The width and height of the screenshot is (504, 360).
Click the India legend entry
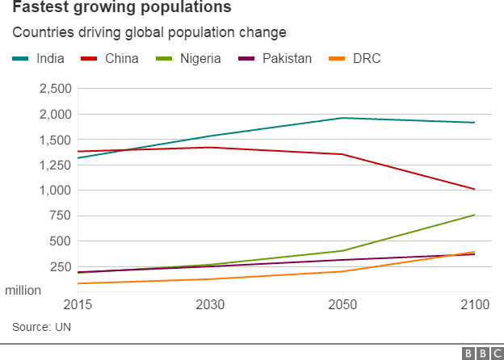[x=38, y=58]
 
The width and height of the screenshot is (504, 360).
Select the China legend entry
[x=110, y=58]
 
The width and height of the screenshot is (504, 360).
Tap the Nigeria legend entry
[x=188, y=58]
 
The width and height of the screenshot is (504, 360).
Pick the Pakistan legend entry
[x=275, y=58]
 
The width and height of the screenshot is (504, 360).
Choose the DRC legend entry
[x=355, y=58]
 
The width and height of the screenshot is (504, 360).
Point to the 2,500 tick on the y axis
[x=55, y=88]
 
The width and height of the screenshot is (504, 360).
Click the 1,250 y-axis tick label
[x=55, y=165]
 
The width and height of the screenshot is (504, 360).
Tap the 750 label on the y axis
[x=60, y=216]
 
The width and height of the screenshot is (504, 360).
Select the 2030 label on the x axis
[x=210, y=304]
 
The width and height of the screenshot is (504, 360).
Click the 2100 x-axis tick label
[x=475, y=304]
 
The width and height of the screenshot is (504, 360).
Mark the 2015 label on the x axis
[x=78, y=304]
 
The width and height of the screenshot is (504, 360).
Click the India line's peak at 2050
[x=342, y=118]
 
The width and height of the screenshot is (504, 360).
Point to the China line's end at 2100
[x=474, y=189]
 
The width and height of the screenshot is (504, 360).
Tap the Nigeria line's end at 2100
[x=474, y=215]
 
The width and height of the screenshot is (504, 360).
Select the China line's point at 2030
[x=210, y=148]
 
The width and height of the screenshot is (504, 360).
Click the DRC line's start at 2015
[x=78, y=283]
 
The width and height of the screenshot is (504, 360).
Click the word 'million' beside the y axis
[x=23, y=291]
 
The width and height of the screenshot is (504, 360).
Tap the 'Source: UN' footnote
[x=41, y=327]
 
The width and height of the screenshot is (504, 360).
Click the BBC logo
[x=483, y=354]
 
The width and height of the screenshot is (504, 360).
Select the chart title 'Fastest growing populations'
[x=122, y=7]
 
